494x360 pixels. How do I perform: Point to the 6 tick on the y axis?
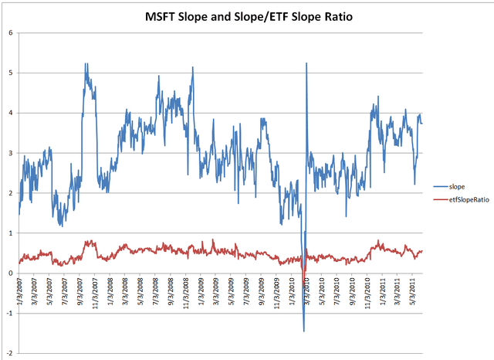click(9, 32)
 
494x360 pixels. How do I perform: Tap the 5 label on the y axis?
click(9, 73)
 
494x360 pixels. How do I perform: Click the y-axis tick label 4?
click(9, 113)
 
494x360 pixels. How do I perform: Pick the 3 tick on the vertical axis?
click(9, 153)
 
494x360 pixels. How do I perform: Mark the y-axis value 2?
click(9, 193)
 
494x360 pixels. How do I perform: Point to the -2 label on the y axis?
click(8, 353)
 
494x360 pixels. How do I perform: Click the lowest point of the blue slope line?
click(304, 331)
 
